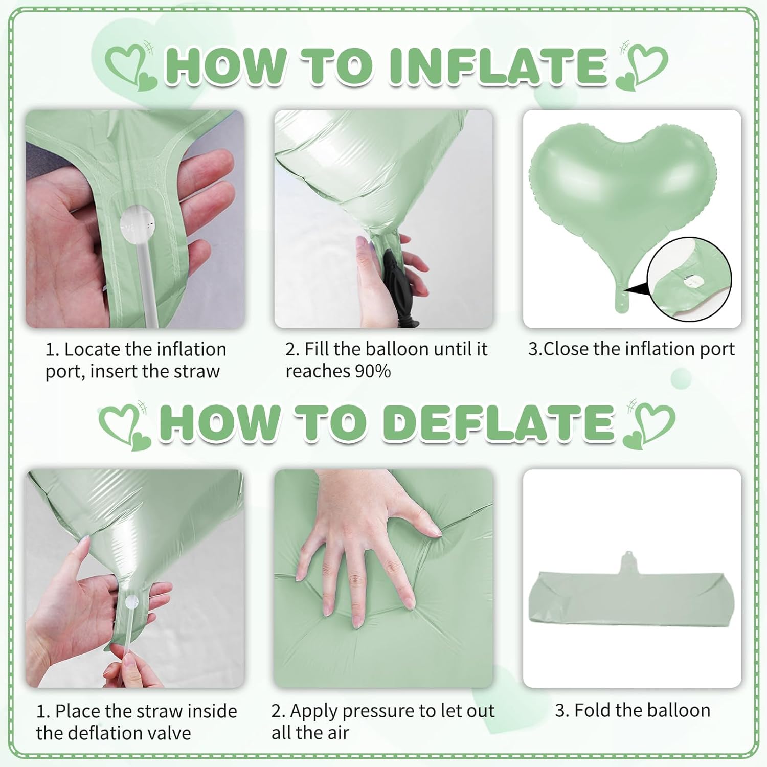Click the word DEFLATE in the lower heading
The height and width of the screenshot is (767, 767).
point(500,422)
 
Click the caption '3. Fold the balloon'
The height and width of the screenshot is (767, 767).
point(633,710)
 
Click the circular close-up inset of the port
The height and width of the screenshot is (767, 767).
point(689,279)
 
